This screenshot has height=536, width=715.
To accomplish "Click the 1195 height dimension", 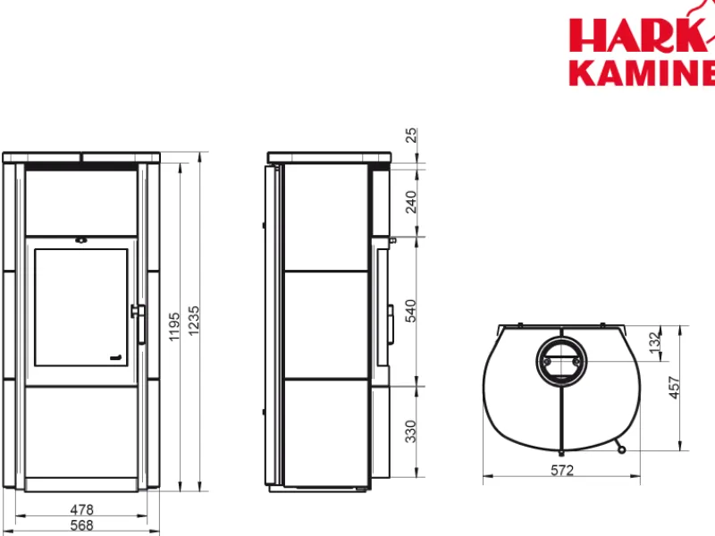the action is pos(174,326).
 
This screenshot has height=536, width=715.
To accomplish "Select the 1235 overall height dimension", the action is pos(194,321).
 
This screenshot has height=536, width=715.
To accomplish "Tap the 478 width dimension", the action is pos(81,509).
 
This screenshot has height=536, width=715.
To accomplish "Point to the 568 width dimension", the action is pos(81,525).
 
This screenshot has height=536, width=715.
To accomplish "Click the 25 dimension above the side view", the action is pos(411,136).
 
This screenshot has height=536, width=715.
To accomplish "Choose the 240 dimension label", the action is pos(411,202).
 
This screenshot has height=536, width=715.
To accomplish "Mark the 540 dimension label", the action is pos(411,311).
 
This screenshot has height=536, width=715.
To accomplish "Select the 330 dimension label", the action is pos(411,431).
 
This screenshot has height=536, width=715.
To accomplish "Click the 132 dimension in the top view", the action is pos(655,342).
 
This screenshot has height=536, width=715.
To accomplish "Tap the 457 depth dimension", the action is pos(675,388).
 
